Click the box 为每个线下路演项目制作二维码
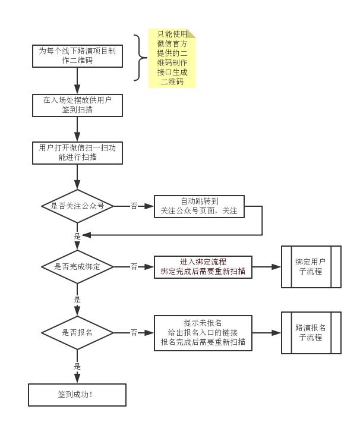point(77,56)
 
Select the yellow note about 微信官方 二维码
point(172,58)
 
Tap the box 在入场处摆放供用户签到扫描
point(77,105)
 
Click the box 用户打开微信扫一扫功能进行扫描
point(77,152)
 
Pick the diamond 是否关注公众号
point(77,206)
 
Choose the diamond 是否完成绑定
point(77,267)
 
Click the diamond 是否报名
point(77,332)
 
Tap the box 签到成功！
point(77,395)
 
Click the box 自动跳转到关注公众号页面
point(199,206)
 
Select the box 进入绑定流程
point(203,267)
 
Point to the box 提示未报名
point(203,332)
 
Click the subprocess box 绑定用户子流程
point(311,267)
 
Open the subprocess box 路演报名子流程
point(311,332)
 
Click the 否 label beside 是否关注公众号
point(134,206)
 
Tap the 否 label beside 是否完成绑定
point(134,267)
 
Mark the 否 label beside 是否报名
point(134,332)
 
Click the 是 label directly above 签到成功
point(77,367)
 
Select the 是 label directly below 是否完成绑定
point(77,300)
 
